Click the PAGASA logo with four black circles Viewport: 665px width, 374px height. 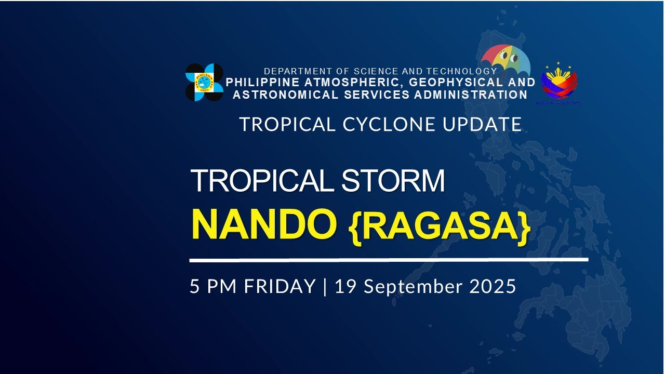pyautogui.click(x=204, y=82)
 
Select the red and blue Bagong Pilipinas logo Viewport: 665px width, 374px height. pyautogui.click(x=559, y=83)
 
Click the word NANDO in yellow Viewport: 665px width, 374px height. pyautogui.click(x=263, y=224)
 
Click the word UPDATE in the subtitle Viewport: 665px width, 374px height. pyautogui.click(x=487, y=125)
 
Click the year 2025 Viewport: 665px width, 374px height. pyautogui.click(x=493, y=286)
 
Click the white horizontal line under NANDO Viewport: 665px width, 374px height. pyautogui.click(x=389, y=259)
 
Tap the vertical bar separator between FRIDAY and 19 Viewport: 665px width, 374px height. pyautogui.click(x=325, y=286)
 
